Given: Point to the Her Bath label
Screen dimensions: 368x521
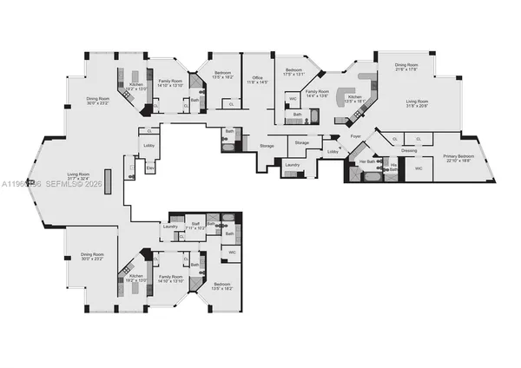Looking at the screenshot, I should pyautogui.click(x=365, y=161).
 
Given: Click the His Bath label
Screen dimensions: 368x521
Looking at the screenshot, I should pyautogui.click(x=392, y=167).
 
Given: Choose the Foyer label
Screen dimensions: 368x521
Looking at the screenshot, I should pyautogui.click(x=355, y=136).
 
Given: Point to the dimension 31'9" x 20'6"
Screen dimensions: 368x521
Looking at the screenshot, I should pyautogui.click(x=418, y=107).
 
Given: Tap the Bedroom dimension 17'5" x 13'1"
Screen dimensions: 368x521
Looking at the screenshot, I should pyautogui.click(x=294, y=74).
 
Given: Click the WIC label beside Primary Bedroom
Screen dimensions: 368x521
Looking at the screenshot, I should pyautogui.click(x=418, y=168).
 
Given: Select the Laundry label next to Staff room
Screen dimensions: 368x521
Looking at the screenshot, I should pyautogui.click(x=169, y=227).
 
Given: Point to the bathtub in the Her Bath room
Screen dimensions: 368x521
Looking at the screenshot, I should pyautogui.click(x=372, y=176).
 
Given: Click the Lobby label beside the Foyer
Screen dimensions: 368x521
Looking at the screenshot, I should pyautogui.click(x=333, y=152).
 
